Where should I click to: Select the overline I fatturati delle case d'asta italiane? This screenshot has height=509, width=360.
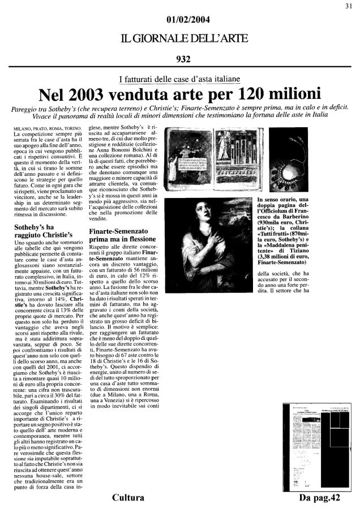click(x=179, y=79)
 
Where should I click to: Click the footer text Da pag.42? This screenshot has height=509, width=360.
click(x=320, y=498)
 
